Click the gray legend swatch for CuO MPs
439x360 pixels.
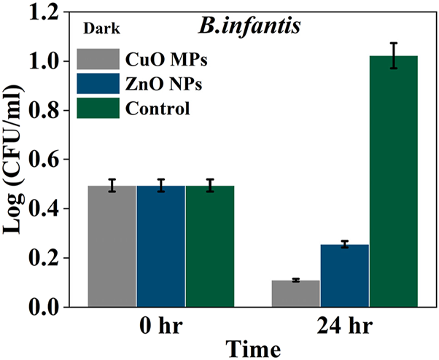tap(98, 58)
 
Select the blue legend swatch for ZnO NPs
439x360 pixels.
tap(98, 83)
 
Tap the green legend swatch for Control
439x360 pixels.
tap(98, 109)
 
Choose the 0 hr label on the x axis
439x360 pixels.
tap(160, 326)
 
